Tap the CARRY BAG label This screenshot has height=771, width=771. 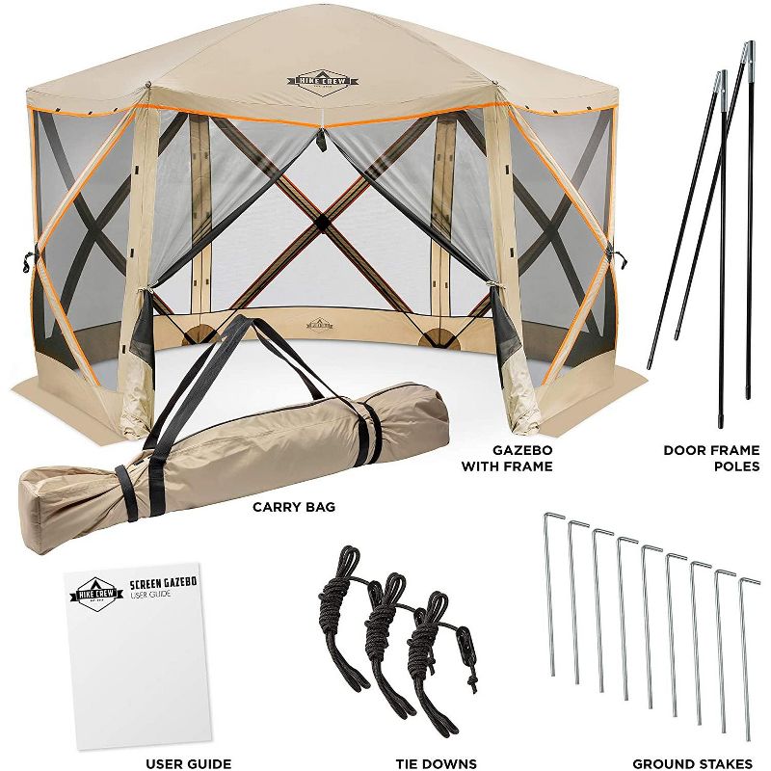pyautogui.click(x=293, y=506)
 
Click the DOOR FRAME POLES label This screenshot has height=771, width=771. pyautogui.click(x=711, y=458)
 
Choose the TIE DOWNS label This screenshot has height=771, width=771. pyautogui.click(x=436, y=763)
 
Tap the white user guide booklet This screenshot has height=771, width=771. pyautogui.click(x=139, y=655)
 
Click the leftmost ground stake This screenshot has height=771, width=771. pyautogui.click(x=550, y=593)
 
